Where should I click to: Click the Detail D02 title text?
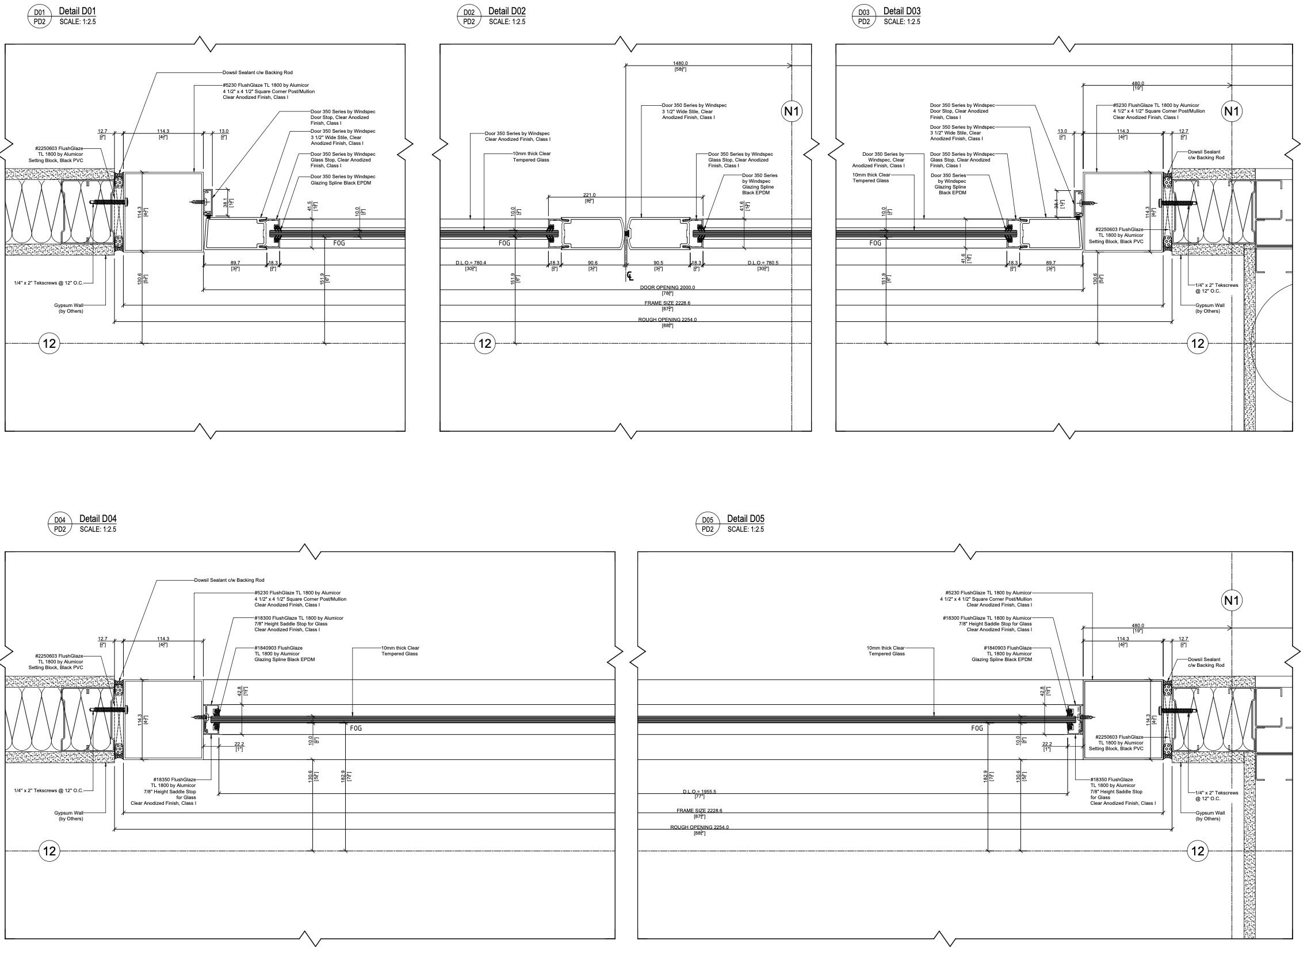coord(507,11)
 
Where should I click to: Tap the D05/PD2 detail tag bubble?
coord(708,525)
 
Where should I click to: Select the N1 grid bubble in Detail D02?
coord(792,112)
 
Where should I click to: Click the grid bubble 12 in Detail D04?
coord(49,851)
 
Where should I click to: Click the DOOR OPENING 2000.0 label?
coord(667,287)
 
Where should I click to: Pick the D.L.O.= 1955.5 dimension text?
coord(699,792)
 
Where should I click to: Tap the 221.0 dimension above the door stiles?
coord(589,195)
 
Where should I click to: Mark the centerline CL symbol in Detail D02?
coord(630,276)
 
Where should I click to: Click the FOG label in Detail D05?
coord(977,728)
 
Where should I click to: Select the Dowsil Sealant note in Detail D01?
coord(257,72)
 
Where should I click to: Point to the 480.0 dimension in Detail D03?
coord(1137,84)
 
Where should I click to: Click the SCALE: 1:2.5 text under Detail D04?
coord(98,529)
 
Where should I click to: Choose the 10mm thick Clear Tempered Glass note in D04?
coord(400,651)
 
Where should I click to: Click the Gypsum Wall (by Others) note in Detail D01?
coord(69,308)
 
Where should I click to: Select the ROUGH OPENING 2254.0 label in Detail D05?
coord(699,827)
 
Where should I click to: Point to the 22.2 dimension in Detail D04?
coord(239,744)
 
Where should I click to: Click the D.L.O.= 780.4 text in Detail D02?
coord(471,263)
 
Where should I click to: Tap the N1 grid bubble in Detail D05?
coord(1231,601)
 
